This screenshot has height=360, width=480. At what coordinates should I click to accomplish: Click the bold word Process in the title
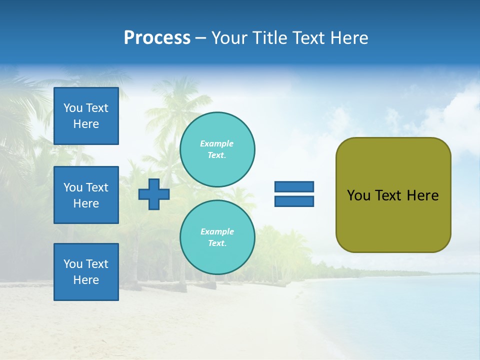(157, 38)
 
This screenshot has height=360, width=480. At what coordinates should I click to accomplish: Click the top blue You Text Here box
(86, 116)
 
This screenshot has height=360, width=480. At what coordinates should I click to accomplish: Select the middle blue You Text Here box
(86, 195)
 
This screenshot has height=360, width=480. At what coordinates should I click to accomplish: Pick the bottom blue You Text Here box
(86, 272)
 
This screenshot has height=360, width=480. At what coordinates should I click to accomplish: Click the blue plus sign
(154, 194)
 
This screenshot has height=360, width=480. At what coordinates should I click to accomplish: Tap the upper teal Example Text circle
(217, 149)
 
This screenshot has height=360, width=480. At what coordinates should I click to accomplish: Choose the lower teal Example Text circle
(217, 237)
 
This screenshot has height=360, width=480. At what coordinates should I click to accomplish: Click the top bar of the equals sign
(294, 186)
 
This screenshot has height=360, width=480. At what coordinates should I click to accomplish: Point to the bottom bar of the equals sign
(294, 201)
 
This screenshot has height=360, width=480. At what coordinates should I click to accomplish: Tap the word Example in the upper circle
(216, 143)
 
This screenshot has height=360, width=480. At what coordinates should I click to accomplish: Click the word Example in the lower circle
(217, 231)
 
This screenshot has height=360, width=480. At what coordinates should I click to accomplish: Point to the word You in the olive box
(358, 195)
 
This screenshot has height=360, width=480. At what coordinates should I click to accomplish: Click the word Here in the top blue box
(86, 124)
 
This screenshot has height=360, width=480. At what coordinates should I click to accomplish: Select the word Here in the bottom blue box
(86, 280)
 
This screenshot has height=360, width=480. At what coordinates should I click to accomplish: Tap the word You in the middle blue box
(73, 187)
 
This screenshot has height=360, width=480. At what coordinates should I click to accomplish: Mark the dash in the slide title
(200, 38)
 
